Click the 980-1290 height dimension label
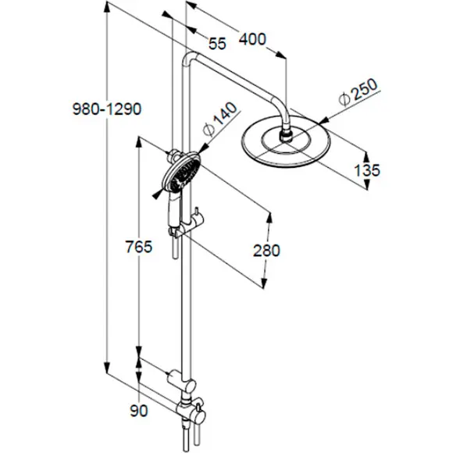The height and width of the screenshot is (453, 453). point(107,109)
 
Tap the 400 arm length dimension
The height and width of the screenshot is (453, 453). point(252,39)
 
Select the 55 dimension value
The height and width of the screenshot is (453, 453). point(218,44)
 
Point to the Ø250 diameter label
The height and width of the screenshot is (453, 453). point(359,92)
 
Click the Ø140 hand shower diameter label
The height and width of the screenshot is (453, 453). point(219,119)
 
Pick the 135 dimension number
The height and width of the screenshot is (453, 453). point(367,170)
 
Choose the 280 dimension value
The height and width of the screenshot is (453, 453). point(266,250)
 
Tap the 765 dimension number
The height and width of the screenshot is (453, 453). point(139,247)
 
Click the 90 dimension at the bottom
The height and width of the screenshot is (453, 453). point(139,411)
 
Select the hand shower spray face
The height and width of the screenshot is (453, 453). point(181,173)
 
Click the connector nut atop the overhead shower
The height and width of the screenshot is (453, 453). point(287,135)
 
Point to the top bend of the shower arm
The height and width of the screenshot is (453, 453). point(188,56)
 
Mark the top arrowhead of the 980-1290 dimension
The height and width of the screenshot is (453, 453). point(106,7)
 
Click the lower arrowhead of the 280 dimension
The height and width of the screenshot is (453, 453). point(264,282)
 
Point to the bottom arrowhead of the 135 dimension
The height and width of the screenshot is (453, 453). point(367,184)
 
